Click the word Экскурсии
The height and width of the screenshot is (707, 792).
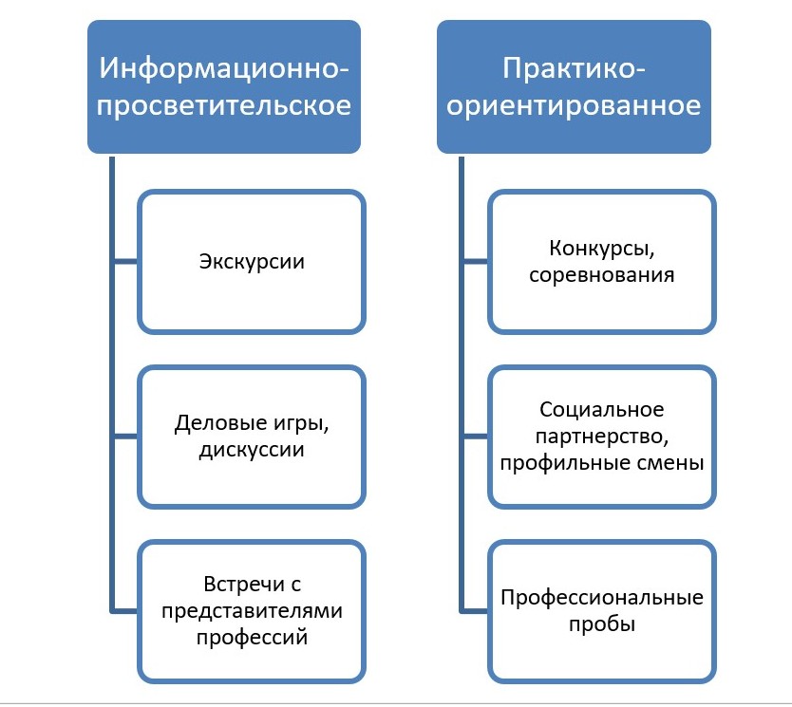coord(252,261)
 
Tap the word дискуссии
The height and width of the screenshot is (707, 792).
coord(252,449)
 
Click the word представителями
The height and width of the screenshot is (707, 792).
coord(252,611)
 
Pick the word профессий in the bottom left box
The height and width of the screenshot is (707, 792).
coord(252,637)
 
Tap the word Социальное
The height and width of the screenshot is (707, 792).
coord(601,411)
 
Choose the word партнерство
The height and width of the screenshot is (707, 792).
coord(601,438)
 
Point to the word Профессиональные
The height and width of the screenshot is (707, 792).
coord(601,599)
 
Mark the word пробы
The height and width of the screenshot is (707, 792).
coord(601,625)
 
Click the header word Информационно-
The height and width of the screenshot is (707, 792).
coord(224,69)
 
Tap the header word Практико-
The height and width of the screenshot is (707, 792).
coord(574,69)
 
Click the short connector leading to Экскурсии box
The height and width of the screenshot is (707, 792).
coord(125,261)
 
